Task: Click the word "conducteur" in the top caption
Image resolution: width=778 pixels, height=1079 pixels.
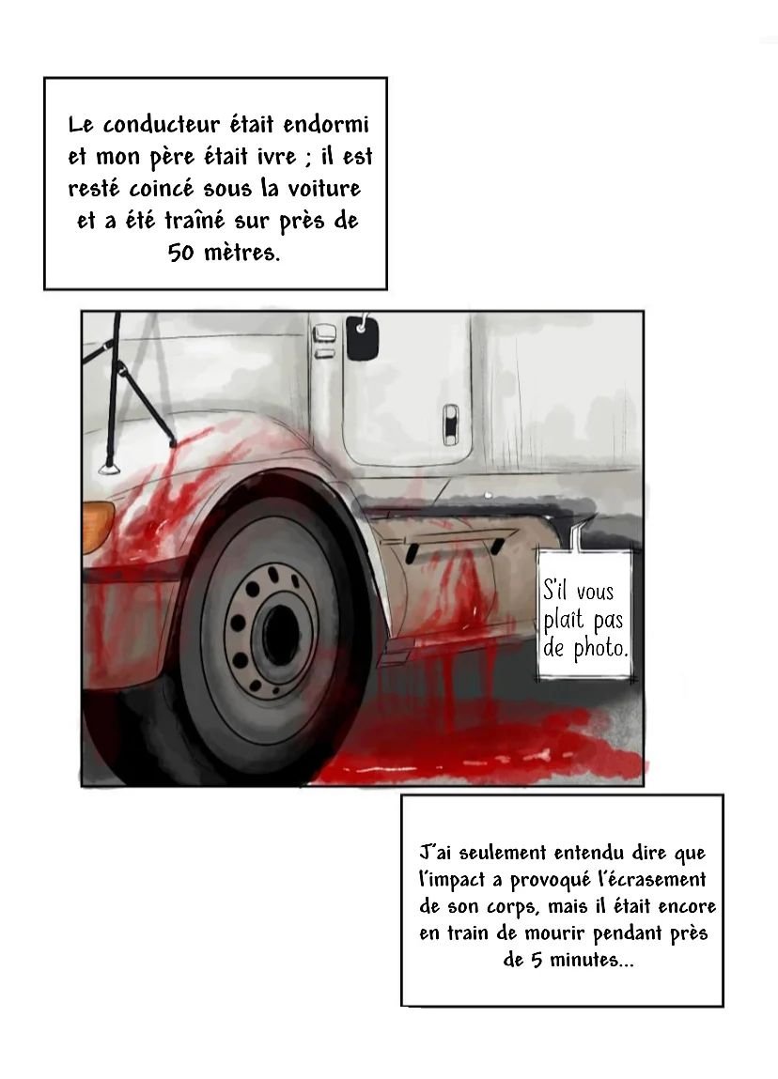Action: point(162,125)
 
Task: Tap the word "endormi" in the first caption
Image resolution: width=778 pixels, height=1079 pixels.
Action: point(326,125)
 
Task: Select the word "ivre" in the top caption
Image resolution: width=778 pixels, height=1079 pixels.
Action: point(277,157)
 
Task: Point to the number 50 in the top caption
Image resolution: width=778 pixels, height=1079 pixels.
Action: point(181,253)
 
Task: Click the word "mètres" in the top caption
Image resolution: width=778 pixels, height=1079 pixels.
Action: point(242,253)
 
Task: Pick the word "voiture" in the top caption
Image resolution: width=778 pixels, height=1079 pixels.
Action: point(323,189)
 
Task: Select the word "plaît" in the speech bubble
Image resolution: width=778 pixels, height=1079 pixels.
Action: point(564,621)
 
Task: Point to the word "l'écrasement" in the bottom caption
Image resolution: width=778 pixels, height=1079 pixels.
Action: point(653,879)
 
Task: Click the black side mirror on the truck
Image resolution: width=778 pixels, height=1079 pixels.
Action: point(362,337)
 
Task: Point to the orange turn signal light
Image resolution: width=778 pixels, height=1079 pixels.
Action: point(97,527)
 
